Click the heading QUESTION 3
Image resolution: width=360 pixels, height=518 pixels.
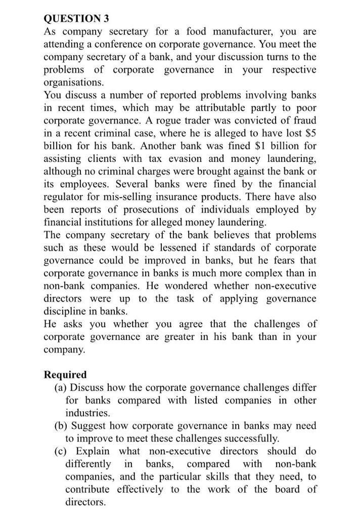(76, 19)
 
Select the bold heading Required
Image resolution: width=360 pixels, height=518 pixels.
(65, 375)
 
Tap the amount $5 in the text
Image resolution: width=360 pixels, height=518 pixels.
(309, 133)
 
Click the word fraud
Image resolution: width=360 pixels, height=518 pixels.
(303, 120)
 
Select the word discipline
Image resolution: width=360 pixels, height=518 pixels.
(67, 311)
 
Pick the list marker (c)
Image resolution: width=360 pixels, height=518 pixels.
(61, 451)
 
